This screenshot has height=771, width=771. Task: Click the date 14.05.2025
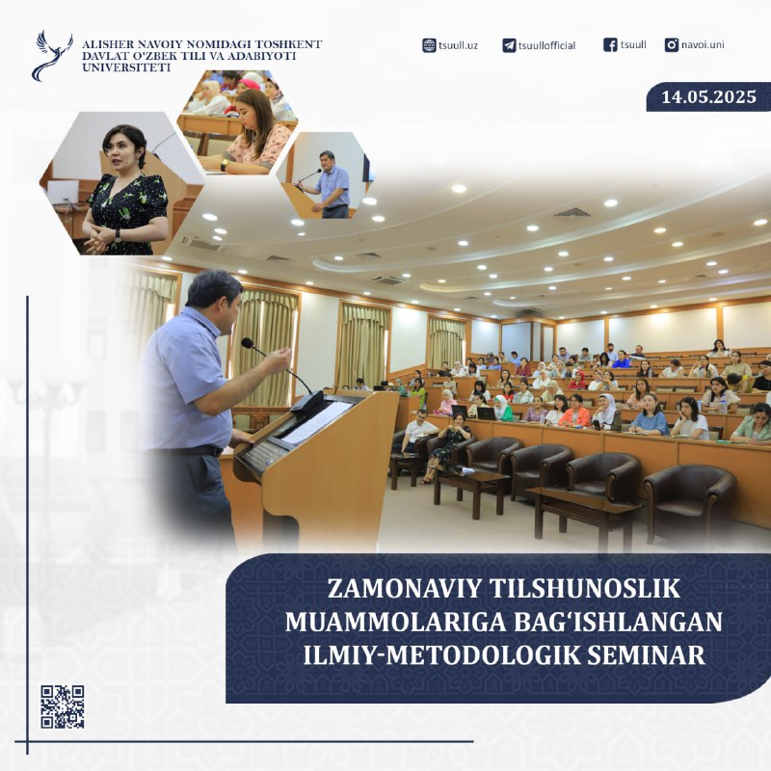click(x=708, y=96)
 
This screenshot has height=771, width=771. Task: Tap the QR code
click(x=63, y=706)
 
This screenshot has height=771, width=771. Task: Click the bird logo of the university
click(x=52, y=55)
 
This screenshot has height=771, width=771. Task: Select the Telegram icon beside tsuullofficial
click(x=509, y=45)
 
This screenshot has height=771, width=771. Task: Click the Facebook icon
click(x=610, y=44)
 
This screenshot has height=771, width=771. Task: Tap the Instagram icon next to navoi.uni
click(x=671, y=44)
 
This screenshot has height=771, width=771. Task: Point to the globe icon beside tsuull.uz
click(x=429, y=45)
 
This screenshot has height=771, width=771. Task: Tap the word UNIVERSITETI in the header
click(x=126, y=67)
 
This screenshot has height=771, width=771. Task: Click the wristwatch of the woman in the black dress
click(x=118, y=235)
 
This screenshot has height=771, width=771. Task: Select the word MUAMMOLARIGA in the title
click(x=395, y=622)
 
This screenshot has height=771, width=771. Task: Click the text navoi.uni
click(x=703, y=44)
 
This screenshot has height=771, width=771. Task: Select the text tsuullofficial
click(x=546, y=45)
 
